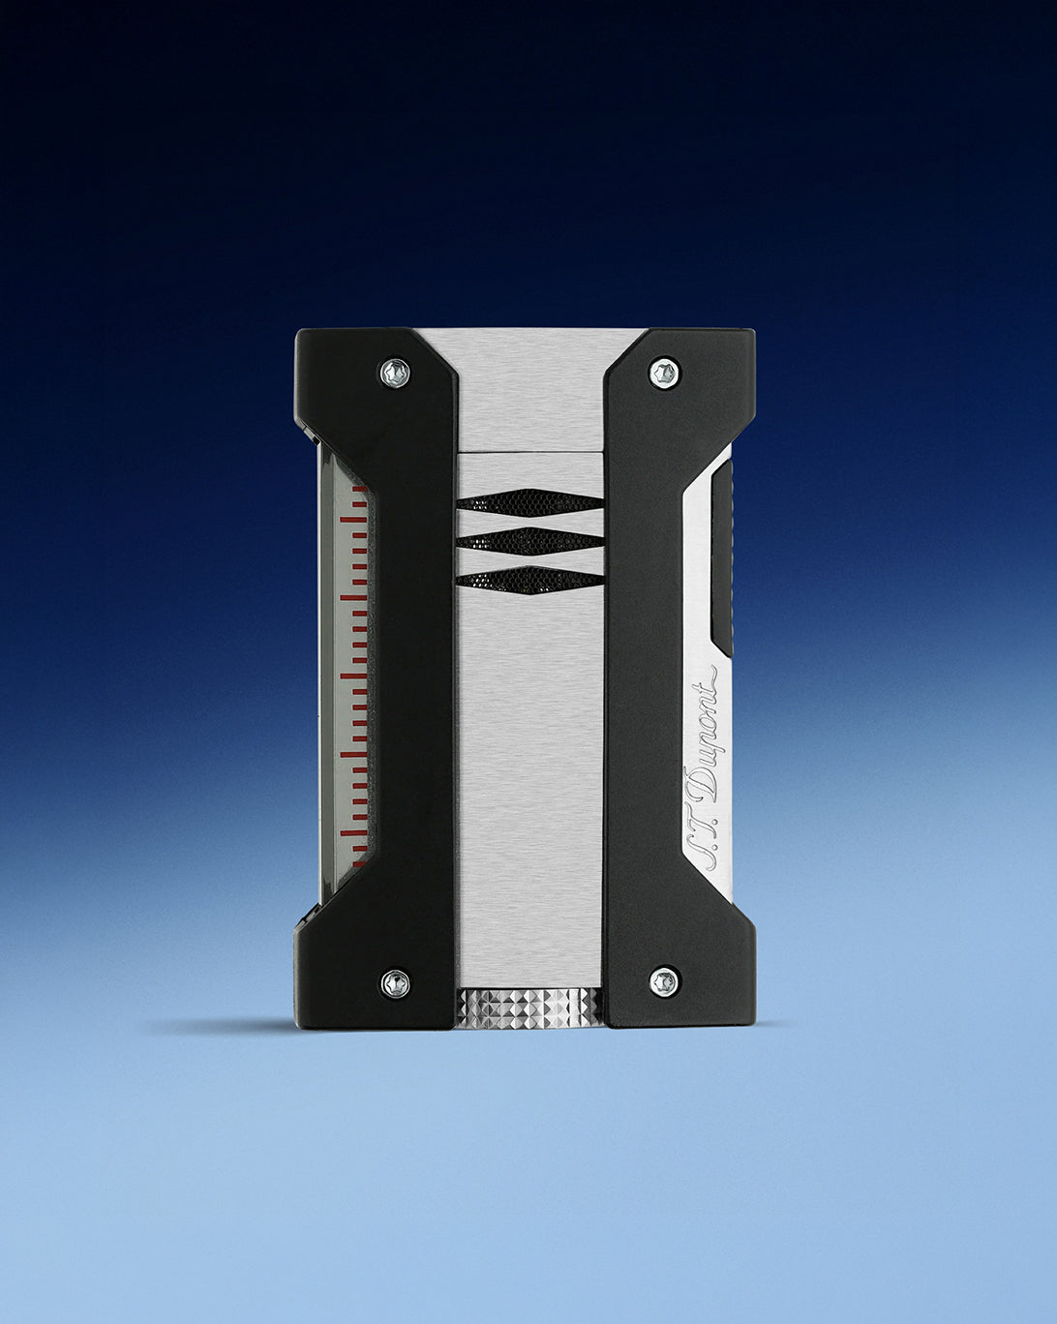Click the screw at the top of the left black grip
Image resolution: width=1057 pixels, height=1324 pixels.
pyautogui.click(x=395, y=370)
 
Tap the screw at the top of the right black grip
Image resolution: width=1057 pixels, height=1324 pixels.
pyautogui.click(x=663, y=372)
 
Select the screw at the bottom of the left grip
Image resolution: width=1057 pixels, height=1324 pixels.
pyautogui.click(x=395, y=982)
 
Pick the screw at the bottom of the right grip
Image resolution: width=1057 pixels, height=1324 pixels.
pyautogui.click(x=663, y=982)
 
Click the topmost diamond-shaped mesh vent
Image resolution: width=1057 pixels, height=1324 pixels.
pyautogui.click(x=528, y=501)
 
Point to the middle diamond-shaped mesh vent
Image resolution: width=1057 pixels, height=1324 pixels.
pyautogui.click(x=528, y=538)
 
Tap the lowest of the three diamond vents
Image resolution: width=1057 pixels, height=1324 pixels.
pyautogui.click(x=528, y=578)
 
